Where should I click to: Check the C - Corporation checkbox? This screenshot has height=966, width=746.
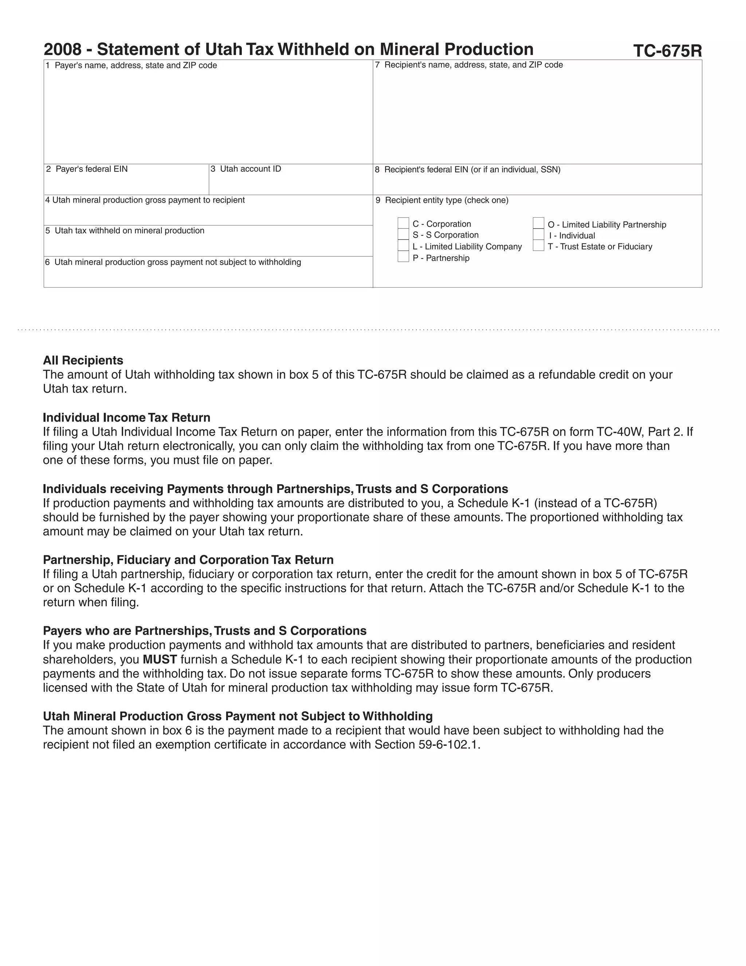(403, 223)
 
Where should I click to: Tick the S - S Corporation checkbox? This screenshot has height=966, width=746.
(403, 234)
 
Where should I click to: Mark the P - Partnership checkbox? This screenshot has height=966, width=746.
(403, 257)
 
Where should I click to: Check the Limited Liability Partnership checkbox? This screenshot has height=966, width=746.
(538, 223)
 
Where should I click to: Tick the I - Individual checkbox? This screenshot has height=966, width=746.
(538, 235)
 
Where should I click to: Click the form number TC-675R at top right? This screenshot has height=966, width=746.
(667, 51)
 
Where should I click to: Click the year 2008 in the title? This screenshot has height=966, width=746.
(62, 50)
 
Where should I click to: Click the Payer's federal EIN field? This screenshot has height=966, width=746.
(126, 184)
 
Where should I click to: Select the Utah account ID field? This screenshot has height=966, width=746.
(290, 184)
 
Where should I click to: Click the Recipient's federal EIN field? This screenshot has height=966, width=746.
(537, 184)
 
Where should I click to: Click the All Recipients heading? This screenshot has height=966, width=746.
(83, 361)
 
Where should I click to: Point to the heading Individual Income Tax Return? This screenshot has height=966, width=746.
(126, 417)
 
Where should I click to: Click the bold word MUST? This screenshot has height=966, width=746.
(160, 659)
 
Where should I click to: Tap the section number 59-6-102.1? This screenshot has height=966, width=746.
(448, 745)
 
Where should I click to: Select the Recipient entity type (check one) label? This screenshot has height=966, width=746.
(446, 200)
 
